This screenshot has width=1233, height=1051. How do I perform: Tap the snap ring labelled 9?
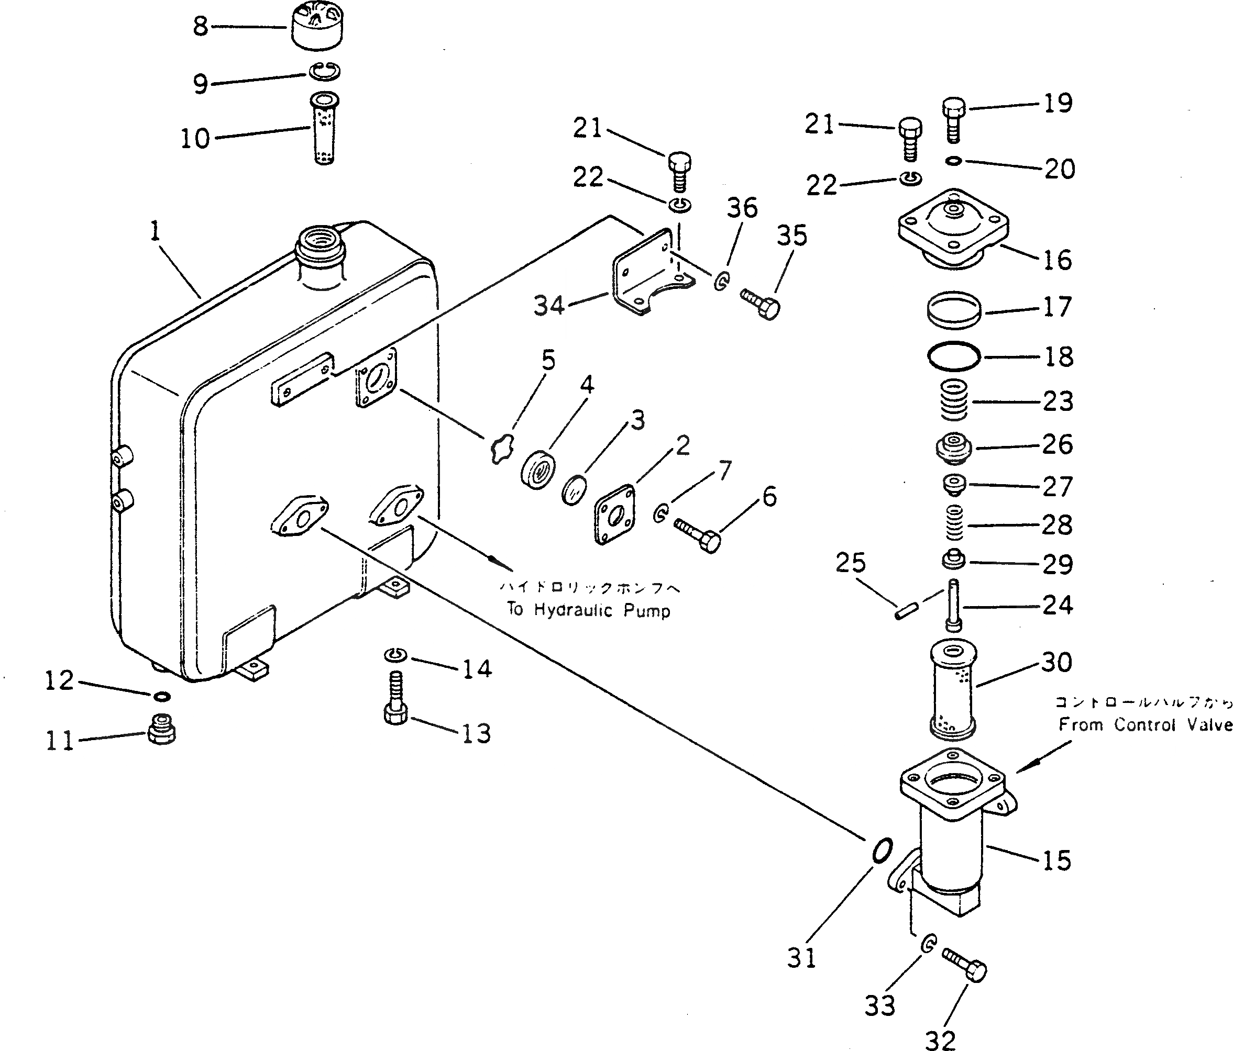tap(324, 71)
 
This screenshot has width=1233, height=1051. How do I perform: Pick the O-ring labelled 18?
tap(953, 356)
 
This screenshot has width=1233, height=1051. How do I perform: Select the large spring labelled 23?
tap(953, 400)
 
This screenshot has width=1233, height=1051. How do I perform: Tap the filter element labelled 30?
tap(953, 689)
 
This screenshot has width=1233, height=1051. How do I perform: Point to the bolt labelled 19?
tap(954, 120)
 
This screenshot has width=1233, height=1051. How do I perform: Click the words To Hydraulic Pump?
tap(588, 610)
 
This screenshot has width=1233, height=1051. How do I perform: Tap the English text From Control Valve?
tap(1145, 724)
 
